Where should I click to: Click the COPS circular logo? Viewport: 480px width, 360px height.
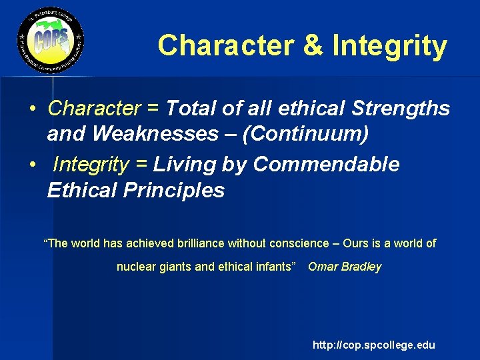click(x=51, y=44)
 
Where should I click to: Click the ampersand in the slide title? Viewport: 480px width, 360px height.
click(x=313, y=46)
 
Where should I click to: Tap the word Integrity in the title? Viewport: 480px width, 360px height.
click(x=389, y=46)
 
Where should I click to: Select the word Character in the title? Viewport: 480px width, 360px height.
click(x=225, y=46)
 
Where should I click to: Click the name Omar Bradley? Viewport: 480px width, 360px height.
click(x=345, y=267)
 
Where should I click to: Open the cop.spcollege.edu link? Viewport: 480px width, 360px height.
click(x=373, y=345)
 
